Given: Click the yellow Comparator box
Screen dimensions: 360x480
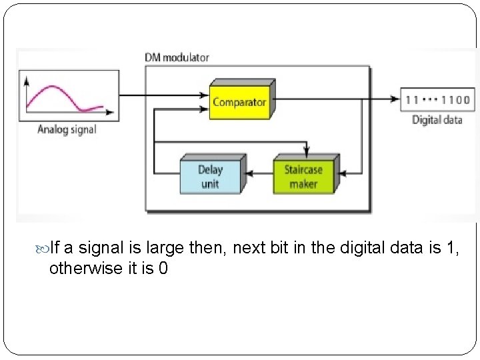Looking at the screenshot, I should (239, 102).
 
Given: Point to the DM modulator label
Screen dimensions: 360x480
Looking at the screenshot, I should (177, 57).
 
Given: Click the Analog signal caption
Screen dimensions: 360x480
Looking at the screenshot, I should (67, 129).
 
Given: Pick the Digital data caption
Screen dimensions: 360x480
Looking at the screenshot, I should (437, 120).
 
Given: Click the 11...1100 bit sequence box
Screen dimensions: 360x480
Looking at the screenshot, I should (437, 101).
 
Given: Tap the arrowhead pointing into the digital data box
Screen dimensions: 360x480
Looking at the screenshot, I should (394, 99).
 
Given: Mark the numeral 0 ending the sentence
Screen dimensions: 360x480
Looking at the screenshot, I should (162, 270).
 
